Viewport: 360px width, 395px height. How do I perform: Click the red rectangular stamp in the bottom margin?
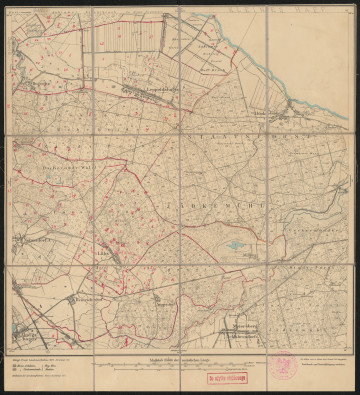227,379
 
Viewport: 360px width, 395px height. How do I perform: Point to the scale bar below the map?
180,367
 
